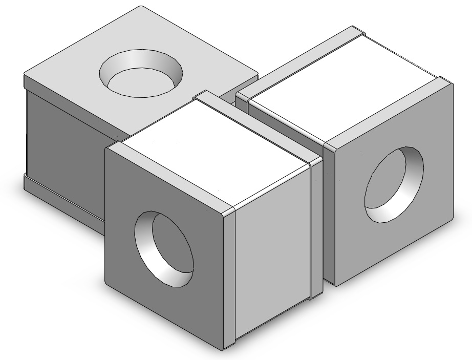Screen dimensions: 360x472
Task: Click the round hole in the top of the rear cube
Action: pos(142,73)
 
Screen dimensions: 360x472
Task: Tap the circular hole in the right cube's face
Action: pos(394,184)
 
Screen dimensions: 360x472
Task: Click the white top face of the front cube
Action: pos(215,154)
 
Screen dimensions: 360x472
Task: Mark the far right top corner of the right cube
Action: pos(453,82)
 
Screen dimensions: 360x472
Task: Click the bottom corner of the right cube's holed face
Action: pos(335,284)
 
